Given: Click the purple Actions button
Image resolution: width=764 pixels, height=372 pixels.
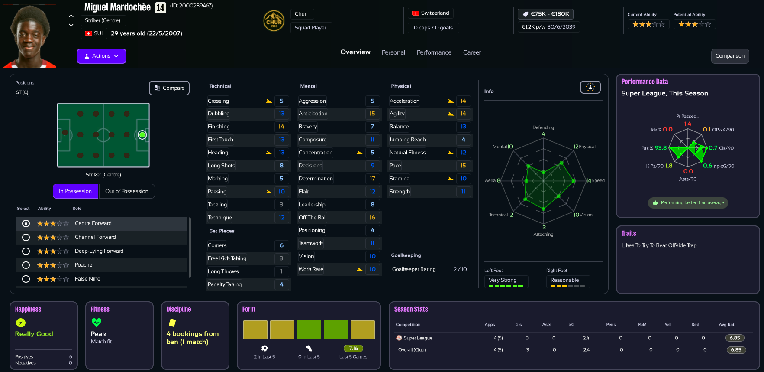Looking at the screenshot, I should [101, 56].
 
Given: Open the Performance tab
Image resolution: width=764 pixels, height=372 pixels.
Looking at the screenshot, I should [434, 52].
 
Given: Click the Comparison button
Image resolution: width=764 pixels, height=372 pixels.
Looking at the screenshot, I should [729, 56].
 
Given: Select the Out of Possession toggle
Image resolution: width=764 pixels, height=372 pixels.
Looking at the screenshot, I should [126, 191].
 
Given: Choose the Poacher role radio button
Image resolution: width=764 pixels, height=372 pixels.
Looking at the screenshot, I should [26, 265].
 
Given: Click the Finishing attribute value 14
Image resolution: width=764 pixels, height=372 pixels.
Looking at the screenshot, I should [281, 127].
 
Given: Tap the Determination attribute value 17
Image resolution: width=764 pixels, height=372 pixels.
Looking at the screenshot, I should [372, 179].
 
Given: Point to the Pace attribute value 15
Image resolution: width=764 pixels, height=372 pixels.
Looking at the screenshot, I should [463, 166].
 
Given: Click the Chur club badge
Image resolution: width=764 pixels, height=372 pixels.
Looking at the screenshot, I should [274, 21].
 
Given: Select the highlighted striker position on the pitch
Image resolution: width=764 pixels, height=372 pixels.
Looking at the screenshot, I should [142, 135].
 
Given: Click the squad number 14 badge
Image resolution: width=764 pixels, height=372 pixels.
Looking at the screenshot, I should [160, 7].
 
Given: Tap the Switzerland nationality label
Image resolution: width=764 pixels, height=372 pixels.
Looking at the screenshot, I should [431, 13].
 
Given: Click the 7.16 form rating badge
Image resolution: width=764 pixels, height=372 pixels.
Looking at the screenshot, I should [353, 349].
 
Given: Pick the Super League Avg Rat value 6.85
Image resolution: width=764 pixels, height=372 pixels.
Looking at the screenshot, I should [735, 338].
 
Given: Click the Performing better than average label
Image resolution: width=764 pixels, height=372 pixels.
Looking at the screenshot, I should [688, 203].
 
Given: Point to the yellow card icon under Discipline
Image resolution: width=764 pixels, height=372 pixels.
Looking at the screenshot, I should [172, 323].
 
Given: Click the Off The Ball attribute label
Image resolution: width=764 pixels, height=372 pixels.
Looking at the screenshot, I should [313, 218].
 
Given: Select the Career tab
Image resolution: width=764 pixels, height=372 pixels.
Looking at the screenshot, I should [472, 52].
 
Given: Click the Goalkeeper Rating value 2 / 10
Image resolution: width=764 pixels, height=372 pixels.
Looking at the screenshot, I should [460, 269].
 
